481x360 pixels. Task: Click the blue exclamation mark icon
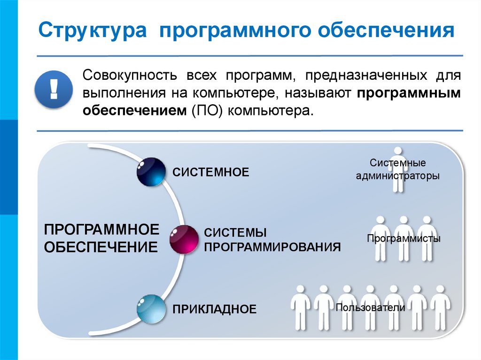(x=53, y=88)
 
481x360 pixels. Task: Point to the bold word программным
(x=408, y=93)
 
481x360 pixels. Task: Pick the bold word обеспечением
(x=135, y=111)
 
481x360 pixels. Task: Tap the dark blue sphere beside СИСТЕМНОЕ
(x=151, y=172)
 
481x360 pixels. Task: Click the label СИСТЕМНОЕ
(x=210, y=172)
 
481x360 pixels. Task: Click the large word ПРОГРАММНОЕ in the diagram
(x=101, y=230)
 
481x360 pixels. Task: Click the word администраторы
(x=397, y=176)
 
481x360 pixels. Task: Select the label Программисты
(x=403, y=238)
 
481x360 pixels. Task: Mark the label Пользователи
(x=370, y=308)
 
